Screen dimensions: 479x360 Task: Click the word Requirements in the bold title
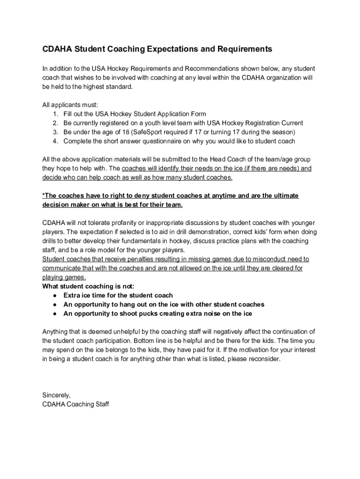243,49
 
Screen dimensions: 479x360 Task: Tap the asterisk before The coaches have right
43,196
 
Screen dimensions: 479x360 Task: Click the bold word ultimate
284,196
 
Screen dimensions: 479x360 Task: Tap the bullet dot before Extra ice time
55,296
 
